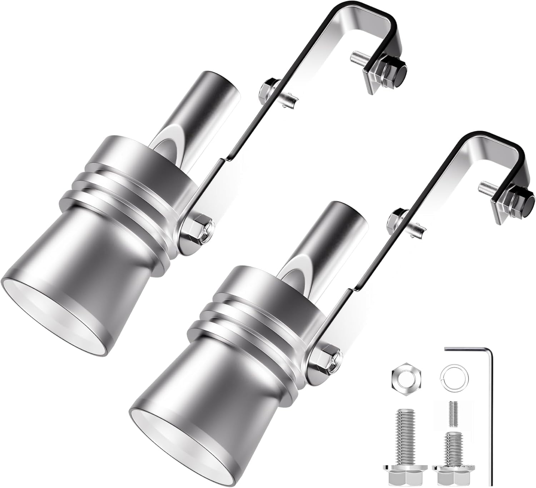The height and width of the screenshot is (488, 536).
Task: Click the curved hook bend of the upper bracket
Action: coord(361,21)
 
